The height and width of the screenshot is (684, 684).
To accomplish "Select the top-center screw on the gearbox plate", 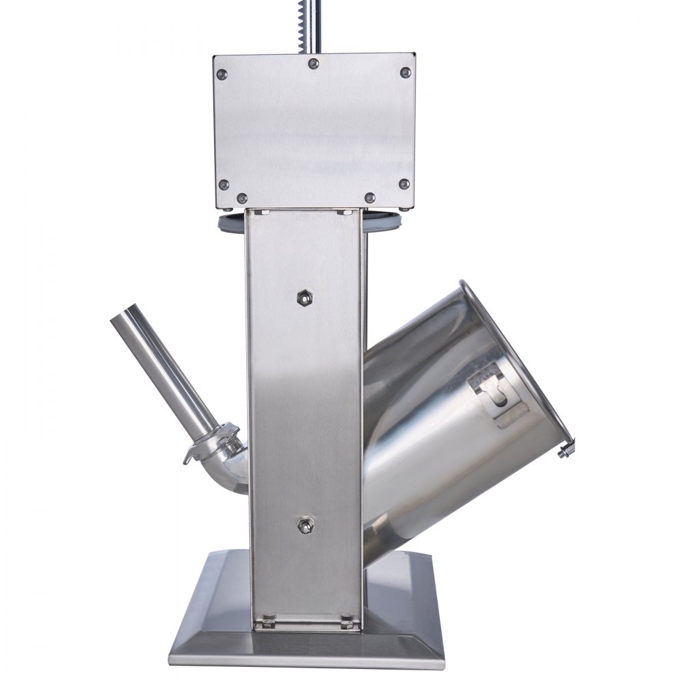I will tap(313, 64).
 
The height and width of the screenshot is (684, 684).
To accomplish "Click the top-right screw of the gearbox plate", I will tap(405, 72).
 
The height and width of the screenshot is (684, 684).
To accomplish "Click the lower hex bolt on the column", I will tap(304, 525).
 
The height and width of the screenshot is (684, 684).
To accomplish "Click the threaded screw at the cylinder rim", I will tap(566, 450).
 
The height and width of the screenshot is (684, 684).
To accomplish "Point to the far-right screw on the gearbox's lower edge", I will tap(404, 184).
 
